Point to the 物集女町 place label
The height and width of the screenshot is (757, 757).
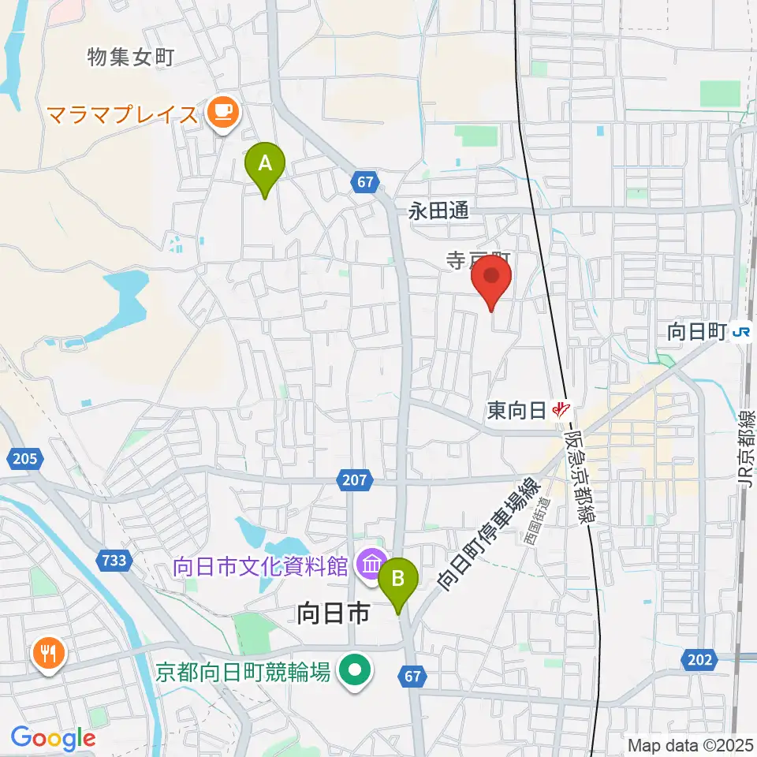(x=130, y=57)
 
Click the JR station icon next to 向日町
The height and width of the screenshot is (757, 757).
(x=740, y=332)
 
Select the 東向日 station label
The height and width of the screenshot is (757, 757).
(x=517, y=410)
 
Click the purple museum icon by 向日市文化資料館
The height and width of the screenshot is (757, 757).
(x=369, y=565)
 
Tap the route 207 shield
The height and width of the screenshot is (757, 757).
(x=356, y=479)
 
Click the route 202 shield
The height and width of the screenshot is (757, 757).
(x=700, y=659)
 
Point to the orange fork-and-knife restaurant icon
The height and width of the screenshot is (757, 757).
(x=49, y=654)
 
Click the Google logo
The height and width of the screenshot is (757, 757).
(x=53, y=738)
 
